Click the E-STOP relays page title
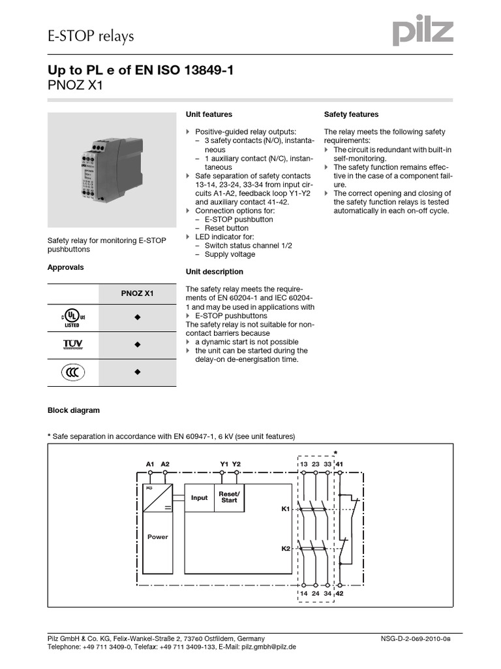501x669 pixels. [91, 36]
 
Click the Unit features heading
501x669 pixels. [209, 114]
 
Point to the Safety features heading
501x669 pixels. [351, 114]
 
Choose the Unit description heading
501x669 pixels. [215, 272]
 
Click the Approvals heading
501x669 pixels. [66, 267]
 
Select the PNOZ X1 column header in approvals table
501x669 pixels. [137, 294]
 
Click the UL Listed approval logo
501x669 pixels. [72, 318]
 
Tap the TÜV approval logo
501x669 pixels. [72, 344]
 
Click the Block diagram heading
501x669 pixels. [74, 411]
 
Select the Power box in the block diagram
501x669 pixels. [157, 536]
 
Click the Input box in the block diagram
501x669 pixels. [199, 498]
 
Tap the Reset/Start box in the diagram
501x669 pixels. [229, 498]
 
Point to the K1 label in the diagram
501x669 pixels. [285, 508]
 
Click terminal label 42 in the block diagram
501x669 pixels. [339, 593]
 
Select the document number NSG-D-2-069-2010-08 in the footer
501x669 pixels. [415, 638]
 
